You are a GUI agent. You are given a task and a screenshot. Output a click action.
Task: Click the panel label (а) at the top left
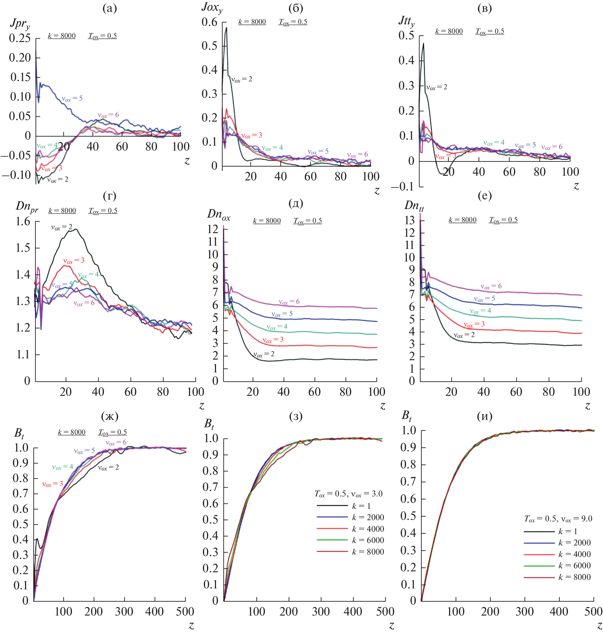(x=110, y=8)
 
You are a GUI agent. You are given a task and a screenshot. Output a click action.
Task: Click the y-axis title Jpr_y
(x=20, y=24)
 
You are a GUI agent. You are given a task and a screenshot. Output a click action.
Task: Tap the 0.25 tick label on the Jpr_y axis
(x=20, y=39)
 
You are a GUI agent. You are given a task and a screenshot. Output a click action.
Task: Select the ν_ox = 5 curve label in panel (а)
(x=72, y=99)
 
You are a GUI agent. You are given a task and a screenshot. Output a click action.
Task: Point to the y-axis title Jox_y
(x=212, y=8)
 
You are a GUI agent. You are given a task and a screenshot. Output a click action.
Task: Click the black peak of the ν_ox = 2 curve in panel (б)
(x=226, y=28)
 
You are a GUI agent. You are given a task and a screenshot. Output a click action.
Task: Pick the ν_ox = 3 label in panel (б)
(x=252, y=136)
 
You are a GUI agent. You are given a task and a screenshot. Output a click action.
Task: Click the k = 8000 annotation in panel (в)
(x=449, y=31)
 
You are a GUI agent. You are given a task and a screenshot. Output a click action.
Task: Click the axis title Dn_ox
(x=219, y=214)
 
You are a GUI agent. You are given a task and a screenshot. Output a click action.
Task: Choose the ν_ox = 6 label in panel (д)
(x=289, y=302)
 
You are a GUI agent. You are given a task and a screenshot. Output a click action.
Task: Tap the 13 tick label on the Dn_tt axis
(x=409, y=220)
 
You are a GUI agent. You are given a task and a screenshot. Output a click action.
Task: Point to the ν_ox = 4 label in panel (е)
(x=480, y=311)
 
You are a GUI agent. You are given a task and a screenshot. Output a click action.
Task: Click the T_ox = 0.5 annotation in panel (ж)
(x=112, y=432)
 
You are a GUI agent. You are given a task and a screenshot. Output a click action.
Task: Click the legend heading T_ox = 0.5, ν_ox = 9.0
(x=558, y=519)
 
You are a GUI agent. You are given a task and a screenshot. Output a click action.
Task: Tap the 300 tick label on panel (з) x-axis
(x=320, y=612)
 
